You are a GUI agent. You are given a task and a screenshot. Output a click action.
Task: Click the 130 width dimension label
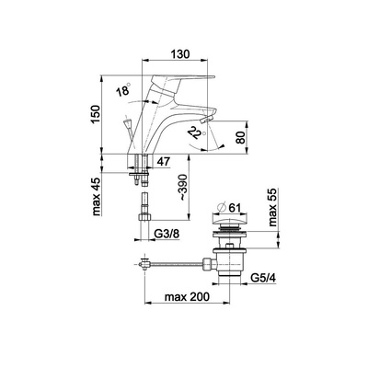coord(179,54)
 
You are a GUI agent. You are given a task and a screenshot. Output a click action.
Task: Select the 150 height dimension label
coord(96,114)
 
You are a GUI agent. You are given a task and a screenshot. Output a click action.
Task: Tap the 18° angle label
coord(123,90)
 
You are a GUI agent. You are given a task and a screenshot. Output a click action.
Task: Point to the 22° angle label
coord(197,132)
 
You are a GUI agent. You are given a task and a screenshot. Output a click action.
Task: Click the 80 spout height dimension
coord(242,137)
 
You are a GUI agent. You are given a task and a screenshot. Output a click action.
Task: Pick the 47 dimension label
coord(163,162)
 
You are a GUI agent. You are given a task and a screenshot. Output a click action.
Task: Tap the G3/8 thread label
coord(167,235)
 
